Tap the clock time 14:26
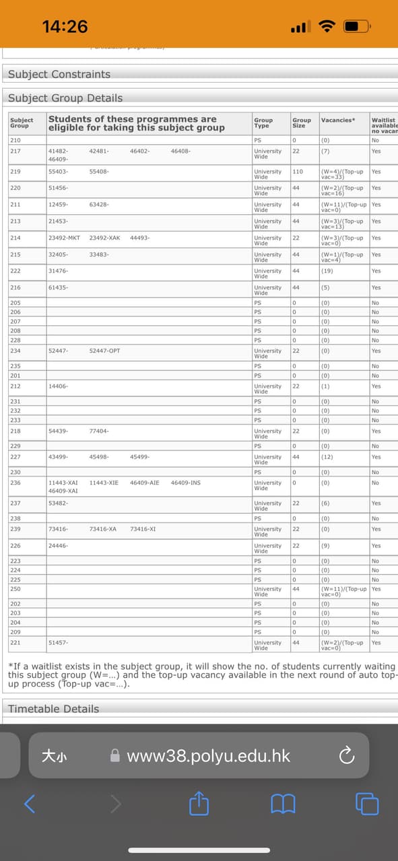[65, 26]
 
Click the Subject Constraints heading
[59, 74]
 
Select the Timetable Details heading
[53, 709]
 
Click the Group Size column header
[301, 123]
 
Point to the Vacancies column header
[337, 120]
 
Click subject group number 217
[15, 151]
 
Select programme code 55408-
[99, 172]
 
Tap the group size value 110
[298, 172]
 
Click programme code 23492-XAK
[104, 238]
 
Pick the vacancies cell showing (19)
[326, 271]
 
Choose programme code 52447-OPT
[104, 351]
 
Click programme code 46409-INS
[185, 483]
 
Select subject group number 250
[15, 589]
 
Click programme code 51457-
[59, 643]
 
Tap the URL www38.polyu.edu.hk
[208, 756]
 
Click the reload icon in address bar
[346, 756]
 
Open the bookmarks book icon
[283, 803]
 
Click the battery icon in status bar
[357, 27]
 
